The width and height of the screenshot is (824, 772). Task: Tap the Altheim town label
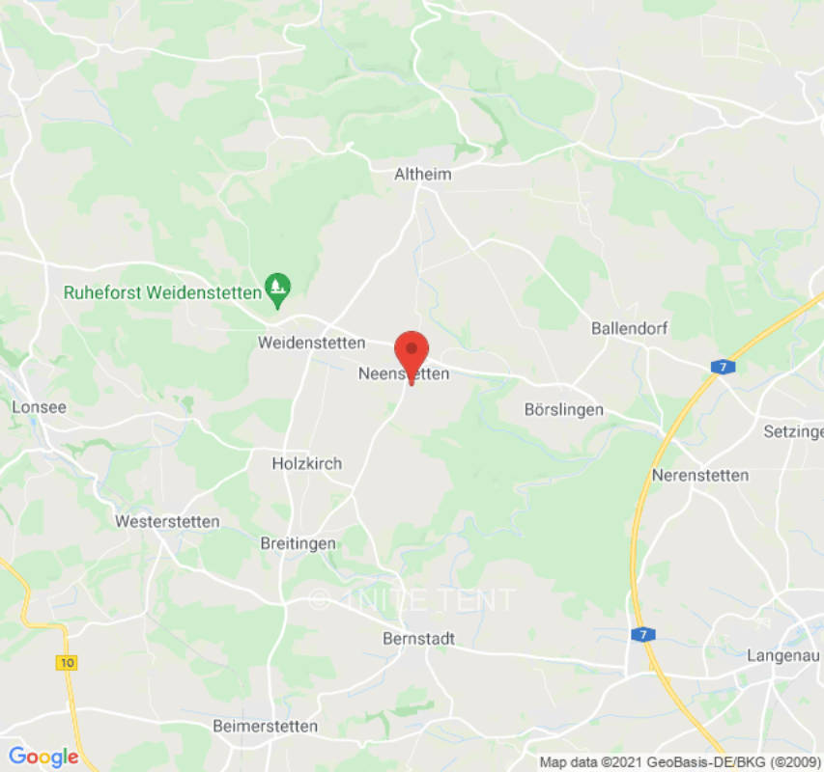pos(423,175)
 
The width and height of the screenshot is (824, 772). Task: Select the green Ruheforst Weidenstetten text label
pos(162,291)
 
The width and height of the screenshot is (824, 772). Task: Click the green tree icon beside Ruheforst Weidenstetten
pos(278,288)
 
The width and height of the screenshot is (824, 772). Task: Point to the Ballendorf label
pos(630,328)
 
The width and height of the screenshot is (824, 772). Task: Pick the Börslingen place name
pos(563,409)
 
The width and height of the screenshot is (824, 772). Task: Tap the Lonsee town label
pos(40,407)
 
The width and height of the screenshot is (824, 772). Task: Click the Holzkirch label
pos(307,463)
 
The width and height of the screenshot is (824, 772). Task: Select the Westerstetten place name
pos(167,521)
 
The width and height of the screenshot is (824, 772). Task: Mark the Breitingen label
pos(298,543)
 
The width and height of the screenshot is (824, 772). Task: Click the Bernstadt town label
pos(419,639)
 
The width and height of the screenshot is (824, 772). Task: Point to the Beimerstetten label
pos(265,726)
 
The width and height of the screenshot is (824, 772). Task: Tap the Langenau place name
pos(783,655)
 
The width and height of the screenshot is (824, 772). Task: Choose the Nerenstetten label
pos(700,475)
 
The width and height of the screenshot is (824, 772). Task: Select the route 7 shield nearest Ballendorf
pos(722,367)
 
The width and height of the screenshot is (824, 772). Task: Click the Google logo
pos(43,757)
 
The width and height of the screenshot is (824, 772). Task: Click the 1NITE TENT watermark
pos(412,599)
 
